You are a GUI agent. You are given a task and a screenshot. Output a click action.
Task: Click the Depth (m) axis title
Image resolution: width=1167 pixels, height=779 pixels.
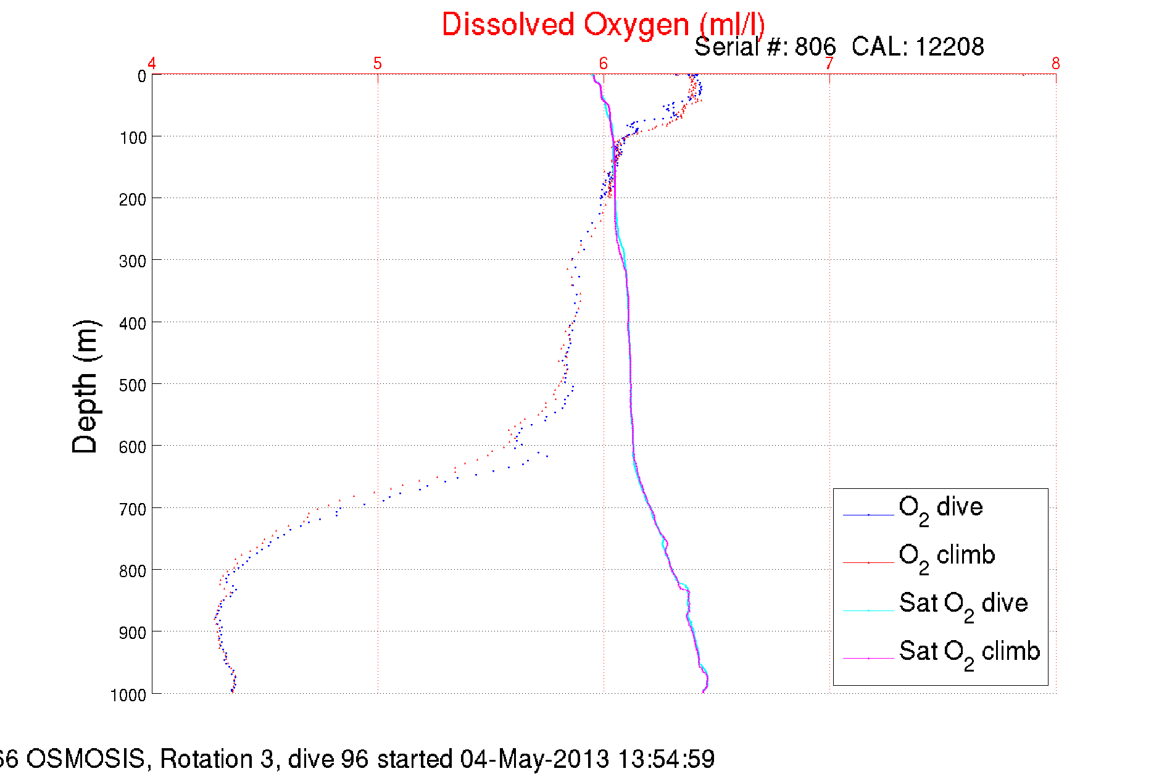(85, 387)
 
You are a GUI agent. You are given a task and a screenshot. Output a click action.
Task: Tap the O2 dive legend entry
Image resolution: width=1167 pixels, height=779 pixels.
(941, 508)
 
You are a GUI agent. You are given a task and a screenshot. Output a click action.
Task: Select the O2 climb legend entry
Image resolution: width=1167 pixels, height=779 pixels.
(947, 556)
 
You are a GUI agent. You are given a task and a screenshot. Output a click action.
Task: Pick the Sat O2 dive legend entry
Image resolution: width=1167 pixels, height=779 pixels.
(963, 604)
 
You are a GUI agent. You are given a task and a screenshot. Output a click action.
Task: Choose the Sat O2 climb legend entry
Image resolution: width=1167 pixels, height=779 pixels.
(969, 652)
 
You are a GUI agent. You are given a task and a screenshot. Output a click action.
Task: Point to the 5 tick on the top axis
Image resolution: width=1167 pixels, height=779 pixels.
(378, 64)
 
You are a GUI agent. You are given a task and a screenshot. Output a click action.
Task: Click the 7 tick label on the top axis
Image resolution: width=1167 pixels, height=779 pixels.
(829, 64)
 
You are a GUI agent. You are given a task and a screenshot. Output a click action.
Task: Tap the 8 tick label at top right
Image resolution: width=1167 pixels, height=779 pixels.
(1056, 64)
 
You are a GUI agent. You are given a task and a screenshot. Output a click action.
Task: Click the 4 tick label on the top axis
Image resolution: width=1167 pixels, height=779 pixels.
(152, 64)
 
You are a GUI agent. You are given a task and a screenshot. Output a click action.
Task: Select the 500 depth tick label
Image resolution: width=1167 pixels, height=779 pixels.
(133, 385)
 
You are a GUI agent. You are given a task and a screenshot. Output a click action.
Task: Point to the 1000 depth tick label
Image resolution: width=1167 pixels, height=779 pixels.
(128, 695)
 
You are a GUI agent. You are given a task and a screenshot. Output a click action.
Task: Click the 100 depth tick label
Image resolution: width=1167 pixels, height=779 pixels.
(133, 138)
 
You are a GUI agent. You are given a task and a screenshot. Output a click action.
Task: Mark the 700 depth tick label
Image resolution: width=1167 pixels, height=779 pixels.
(133, 509)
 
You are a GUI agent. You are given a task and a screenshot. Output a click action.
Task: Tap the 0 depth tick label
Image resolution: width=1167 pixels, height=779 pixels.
(142, 77)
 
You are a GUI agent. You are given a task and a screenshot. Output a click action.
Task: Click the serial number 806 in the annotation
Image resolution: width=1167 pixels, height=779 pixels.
(815, 47)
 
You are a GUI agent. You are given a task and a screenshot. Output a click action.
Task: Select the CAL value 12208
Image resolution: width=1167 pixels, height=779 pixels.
(949, 47)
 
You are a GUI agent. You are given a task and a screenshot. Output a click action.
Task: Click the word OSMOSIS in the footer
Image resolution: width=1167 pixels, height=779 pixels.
(85, 759)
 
